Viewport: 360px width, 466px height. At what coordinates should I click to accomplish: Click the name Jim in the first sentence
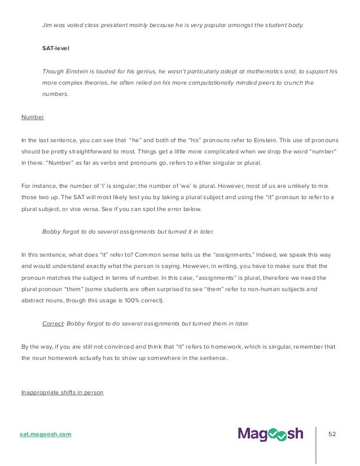47,25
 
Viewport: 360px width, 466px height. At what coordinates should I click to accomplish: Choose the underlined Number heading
33,117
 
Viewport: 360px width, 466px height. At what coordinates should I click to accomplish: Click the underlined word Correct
54,323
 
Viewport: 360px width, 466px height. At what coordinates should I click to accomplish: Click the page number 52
332,434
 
